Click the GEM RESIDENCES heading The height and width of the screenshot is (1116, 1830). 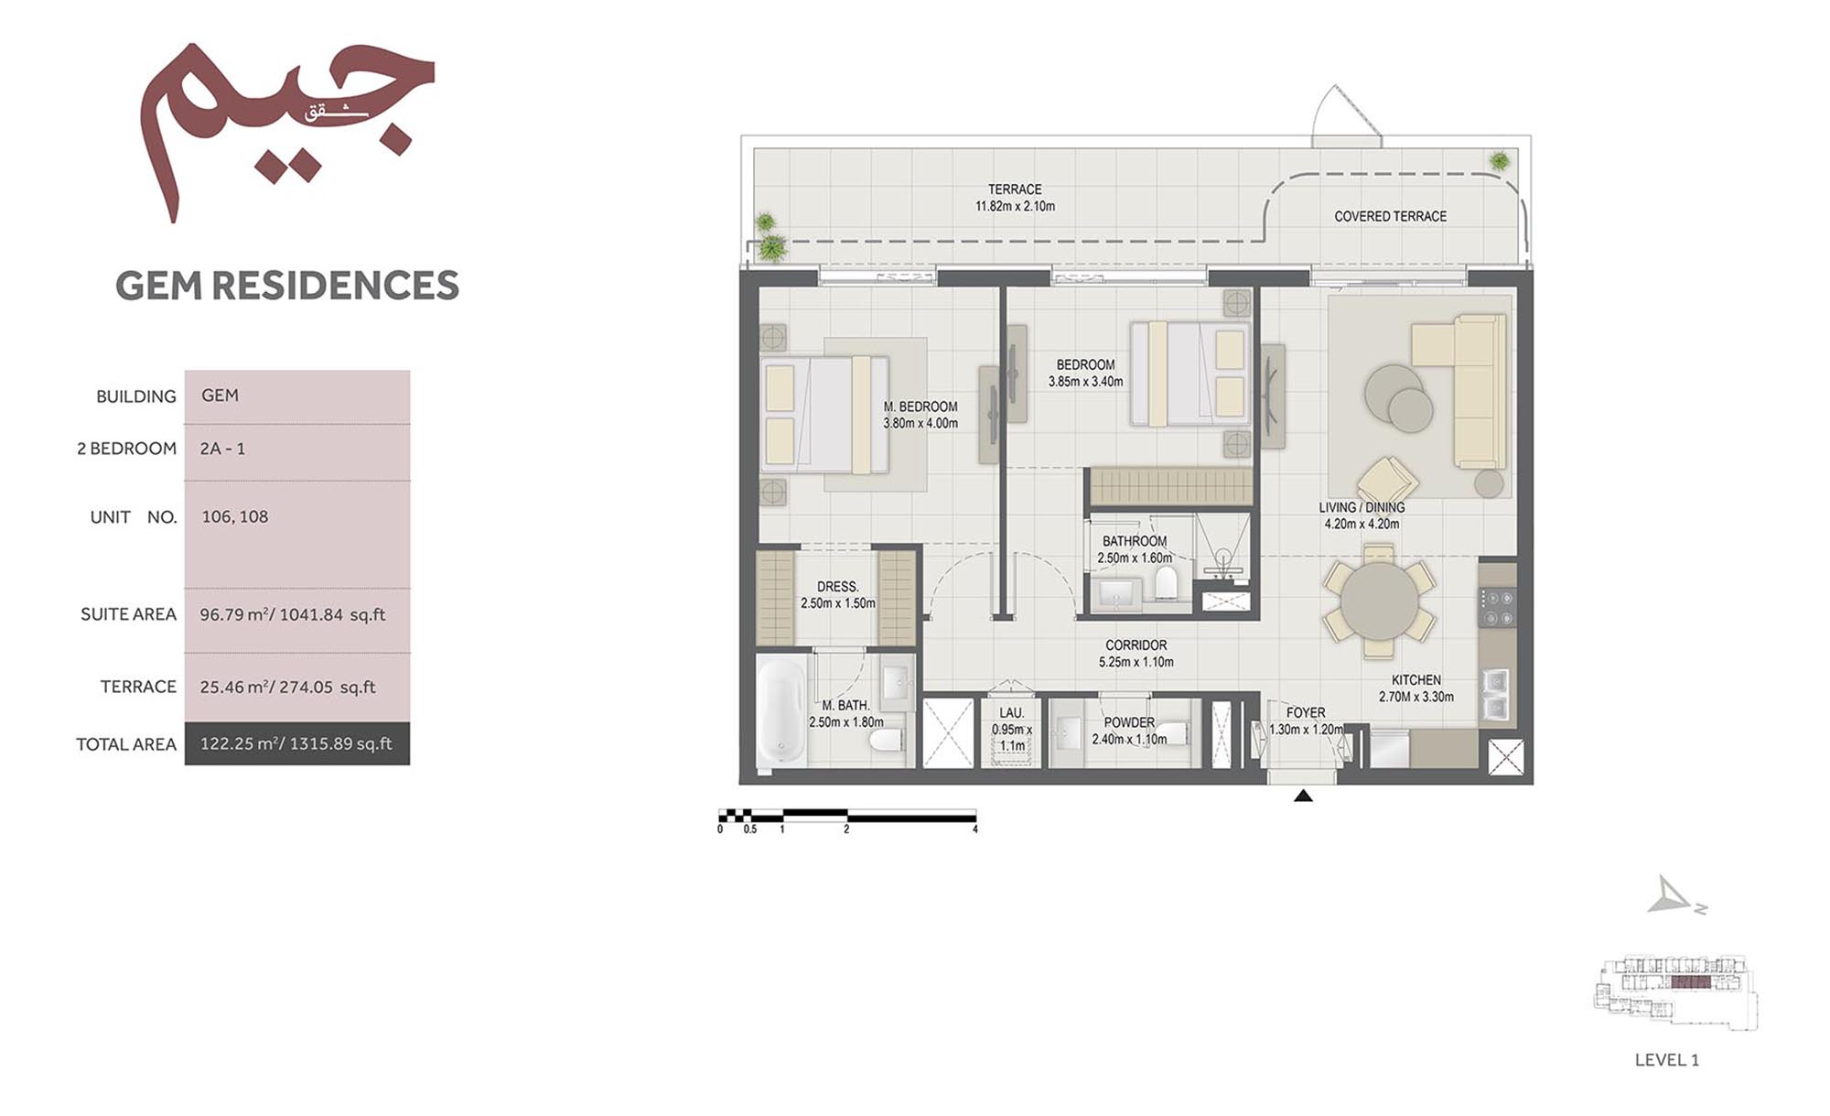coord(286,286)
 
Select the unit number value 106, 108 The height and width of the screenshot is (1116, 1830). coord(235,516)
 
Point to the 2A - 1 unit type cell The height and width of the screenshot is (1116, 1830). coord(222,449)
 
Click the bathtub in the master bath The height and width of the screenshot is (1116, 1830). coord(781,710)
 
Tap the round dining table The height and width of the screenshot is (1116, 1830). coord(1378,601)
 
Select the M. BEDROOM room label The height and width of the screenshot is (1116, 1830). coord(920,406)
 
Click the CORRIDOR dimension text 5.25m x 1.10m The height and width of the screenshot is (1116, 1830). coord(1136,662)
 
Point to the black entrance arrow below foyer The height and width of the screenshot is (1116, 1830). coord(1303,796)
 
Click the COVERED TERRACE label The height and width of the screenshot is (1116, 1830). coord(1390,217)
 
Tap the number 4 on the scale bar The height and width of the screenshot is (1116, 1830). coord(975,829)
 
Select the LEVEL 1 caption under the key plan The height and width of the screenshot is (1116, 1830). coord(1666,1060)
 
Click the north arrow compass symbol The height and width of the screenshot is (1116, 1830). coord(1674,897)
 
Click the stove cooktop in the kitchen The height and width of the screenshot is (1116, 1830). coord(1497,608)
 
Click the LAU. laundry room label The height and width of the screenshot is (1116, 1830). coord(1011,712)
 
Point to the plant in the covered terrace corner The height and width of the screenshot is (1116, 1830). coord(1499,162)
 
